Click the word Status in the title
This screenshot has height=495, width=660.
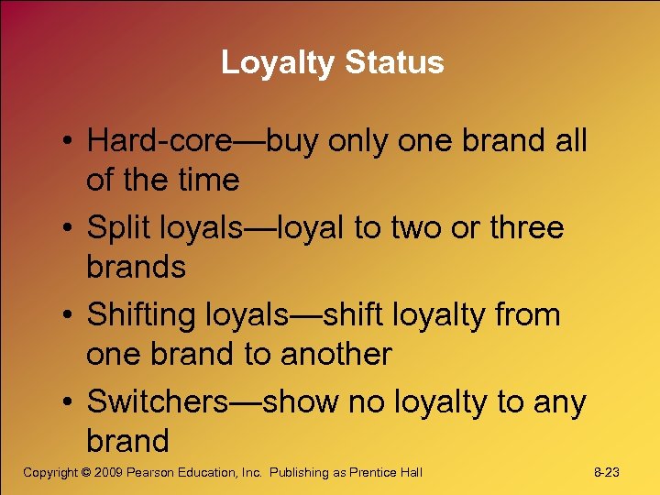pyautogui.click(x=395, y=62)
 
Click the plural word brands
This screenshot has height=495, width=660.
pyautogui.click(x=136, y=267)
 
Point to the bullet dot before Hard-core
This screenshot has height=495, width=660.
pyautogui.click(x=69, y=142)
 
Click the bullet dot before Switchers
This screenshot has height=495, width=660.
pyautogui.click(x=69, y=402)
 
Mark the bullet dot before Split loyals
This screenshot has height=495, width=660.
pyautogui.click(x=69, y=228)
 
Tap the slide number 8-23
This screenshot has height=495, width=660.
pyautogui.click(x=607, y=472)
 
